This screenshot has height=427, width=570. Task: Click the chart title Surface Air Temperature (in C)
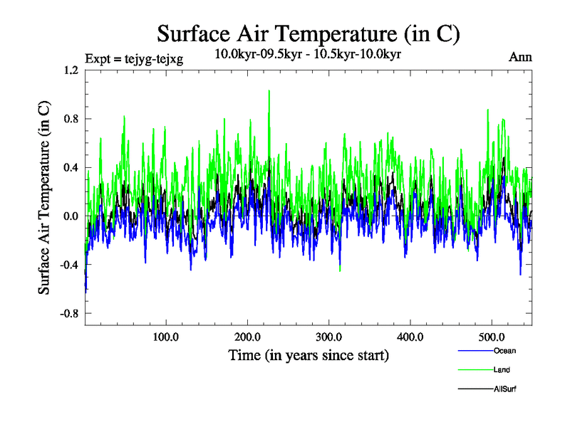pos(309,33)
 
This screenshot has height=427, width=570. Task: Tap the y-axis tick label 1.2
pos(71,70)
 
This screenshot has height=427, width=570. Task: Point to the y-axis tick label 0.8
pos(71,119)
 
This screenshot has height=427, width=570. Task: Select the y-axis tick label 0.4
pos(71,167)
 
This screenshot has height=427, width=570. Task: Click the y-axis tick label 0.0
pos(71,216)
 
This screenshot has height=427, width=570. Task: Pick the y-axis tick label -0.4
pos(68,265)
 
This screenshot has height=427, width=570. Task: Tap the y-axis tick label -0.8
pos(68,313)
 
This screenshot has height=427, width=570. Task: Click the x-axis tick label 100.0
pos(166,336)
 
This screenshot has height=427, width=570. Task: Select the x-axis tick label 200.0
pos(247,336)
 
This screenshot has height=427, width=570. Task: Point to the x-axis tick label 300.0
pos(329,336)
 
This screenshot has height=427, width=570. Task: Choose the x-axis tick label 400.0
pos(410,336)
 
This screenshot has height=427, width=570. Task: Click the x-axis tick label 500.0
pos(492,336)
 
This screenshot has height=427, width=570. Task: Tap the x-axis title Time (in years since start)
pos(309,355)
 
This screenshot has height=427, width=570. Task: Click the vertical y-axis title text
pos(44,197)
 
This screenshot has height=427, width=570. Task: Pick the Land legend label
pos(502,370)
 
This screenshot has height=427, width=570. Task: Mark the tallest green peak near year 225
pos(269,91)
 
